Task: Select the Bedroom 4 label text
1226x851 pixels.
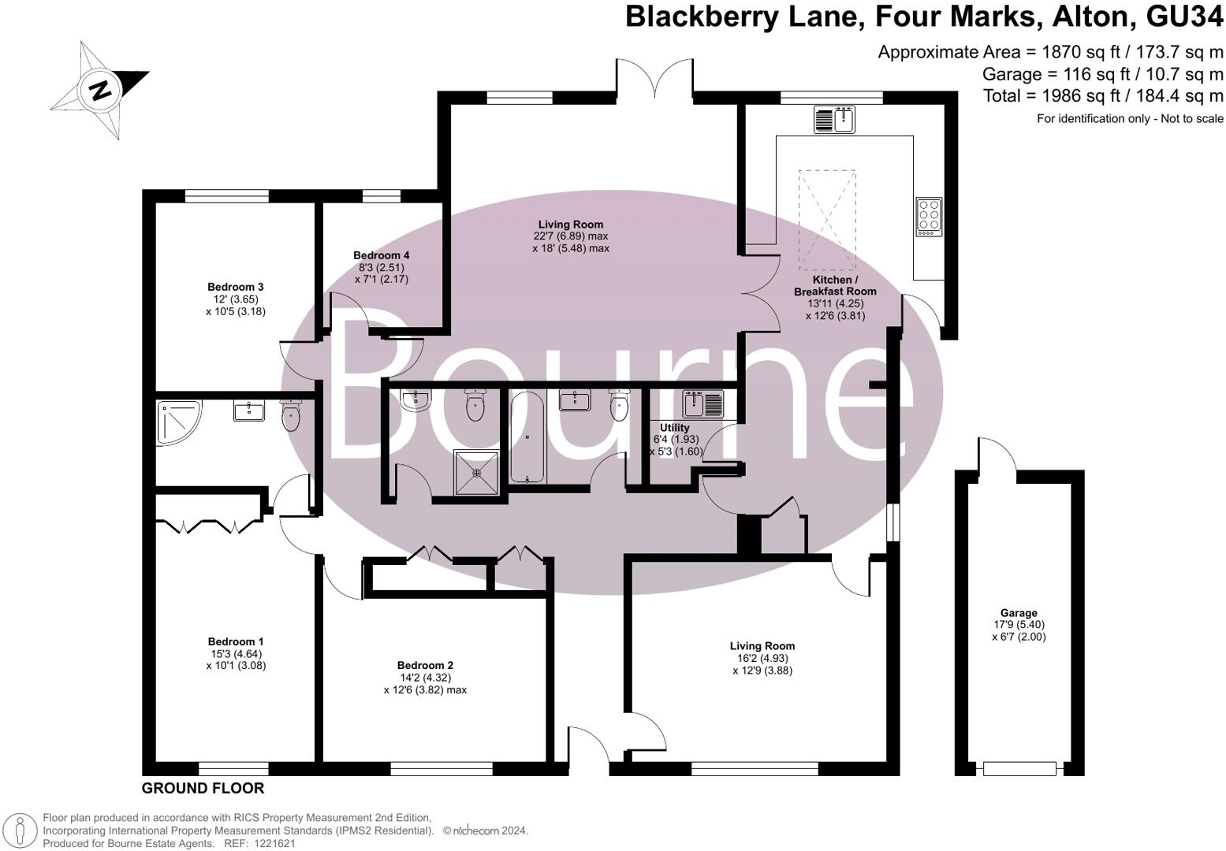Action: click(381, 255)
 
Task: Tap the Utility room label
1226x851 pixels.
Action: click(674, 428)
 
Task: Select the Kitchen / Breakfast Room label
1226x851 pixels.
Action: click(834, 285)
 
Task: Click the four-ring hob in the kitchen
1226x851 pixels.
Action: click(928, 216)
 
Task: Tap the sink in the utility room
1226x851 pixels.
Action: click(703, 404)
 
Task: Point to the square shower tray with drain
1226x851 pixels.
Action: click(476, 472)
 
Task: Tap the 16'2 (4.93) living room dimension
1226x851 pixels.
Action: click(762, 659)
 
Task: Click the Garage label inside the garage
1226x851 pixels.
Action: click(1018, 613)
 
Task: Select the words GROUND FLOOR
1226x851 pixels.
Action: click(203, 788)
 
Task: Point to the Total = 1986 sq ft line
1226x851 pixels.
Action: click(1102, 96)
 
